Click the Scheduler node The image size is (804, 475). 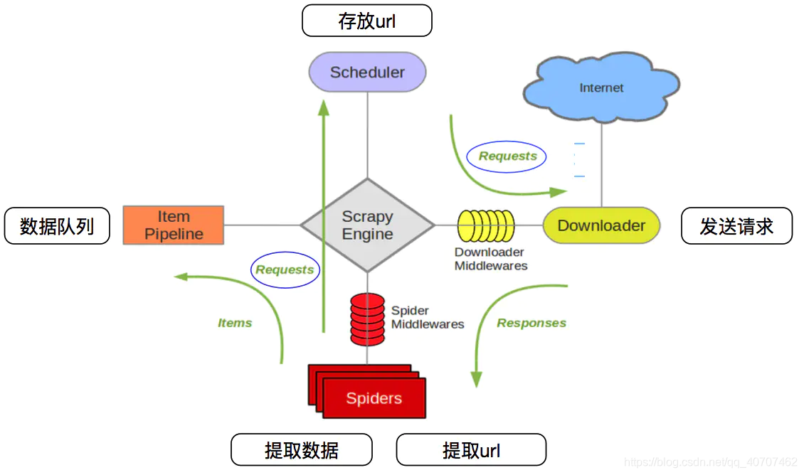(x=367, y=72)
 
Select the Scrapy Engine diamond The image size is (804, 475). (x=367, y=225)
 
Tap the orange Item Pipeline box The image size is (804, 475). (x=174, y=225)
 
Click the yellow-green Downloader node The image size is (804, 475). (x=601, y=225)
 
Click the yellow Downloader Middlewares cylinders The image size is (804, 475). (x=485, y=225)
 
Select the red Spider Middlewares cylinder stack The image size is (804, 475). (x=367, y=319)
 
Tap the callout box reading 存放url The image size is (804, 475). (x=367, y=21)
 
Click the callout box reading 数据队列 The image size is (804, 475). (x=57, y=226)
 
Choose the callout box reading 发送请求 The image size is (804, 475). (x=736, y=226)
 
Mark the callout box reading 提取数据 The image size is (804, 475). (x=302, y=449)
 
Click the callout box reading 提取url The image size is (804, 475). (x=471, y=449)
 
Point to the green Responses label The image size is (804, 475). (x=531, y=323)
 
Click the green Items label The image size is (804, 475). (x=235, y=323)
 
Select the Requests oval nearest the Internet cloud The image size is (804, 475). (x=507, y=156)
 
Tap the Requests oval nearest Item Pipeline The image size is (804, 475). (x=285, y=269)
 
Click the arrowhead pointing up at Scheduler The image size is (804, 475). (x=324, y=107)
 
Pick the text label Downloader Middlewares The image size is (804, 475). (x=491, y=259)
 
